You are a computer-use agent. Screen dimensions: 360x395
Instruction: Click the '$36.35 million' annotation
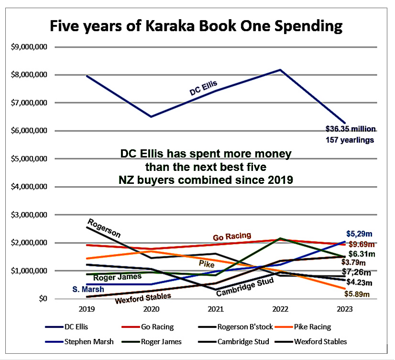(351, 129)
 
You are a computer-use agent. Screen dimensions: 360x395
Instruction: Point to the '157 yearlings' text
(351, 140)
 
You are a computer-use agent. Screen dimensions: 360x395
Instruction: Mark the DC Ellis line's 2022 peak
(280, 70)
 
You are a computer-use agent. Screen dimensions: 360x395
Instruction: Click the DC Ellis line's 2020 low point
(152, 117)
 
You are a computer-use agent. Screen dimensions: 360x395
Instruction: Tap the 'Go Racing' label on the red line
(232, 236)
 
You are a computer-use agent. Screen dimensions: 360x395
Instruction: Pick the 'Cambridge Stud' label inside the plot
(244, 287)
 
